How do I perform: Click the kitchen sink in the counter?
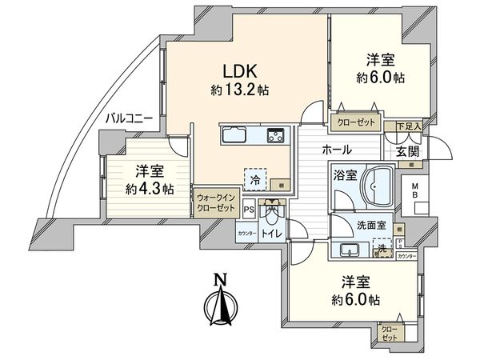click(x=234, y=134)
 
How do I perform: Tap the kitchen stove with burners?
click(x=274, y=134)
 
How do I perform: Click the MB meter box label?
click(x=414, y=192)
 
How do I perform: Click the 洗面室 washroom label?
click(x=371, y=226)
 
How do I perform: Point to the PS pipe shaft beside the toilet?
click(x=248, y=210)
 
